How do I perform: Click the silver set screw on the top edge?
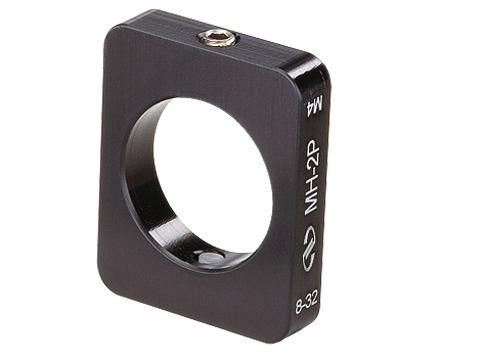[x=217, y=37]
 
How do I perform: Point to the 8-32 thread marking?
[x=307, y=304]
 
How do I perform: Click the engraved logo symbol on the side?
[x=308, y=248]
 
